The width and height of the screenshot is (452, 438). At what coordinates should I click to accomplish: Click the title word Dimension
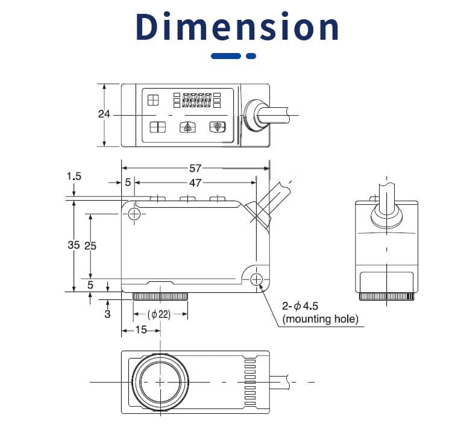click(x=237, y=27)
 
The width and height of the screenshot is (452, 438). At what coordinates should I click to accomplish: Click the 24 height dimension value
click(x=104, y=114)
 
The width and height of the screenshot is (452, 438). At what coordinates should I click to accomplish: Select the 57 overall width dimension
click(x=195, y=168)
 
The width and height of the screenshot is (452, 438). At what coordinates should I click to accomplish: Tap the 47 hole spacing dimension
click(x=195, y=182)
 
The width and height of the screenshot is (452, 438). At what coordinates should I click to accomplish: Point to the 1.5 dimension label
click(x=74, y=176)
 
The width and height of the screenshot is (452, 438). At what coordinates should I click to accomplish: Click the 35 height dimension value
click(x=74, y=245)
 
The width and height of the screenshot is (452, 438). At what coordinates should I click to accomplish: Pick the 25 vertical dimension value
click(x=90, y=245)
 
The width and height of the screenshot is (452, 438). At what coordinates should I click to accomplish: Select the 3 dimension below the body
click(x=107, y=313)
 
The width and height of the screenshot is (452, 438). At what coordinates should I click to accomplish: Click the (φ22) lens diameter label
click(x=159, y=314)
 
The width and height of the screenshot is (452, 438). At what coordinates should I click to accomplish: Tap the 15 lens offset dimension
click(x=140, y=330)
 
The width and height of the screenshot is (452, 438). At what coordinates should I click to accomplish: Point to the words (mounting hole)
click(x=319, y=319)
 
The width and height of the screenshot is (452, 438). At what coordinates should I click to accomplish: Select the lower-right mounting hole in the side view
click(x=256, y=278)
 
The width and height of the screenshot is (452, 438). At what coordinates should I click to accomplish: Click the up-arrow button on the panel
click(x=187, y=127)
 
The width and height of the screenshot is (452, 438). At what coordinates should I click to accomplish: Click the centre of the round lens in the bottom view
click(x=159, y=382)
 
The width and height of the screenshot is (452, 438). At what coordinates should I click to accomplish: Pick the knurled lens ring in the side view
click(x=160, y=296)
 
